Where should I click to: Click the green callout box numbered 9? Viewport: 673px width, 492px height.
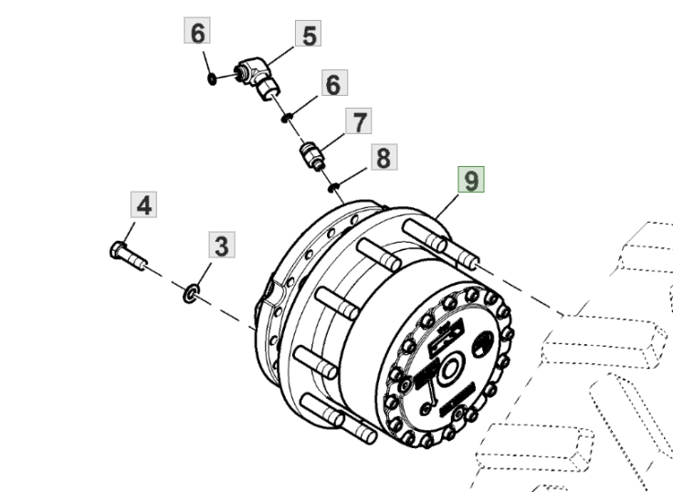coord(471,179)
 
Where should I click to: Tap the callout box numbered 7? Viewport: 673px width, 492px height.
coord(358,121)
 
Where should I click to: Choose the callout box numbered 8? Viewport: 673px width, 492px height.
coord(384,157)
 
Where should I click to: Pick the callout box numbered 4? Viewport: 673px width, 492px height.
coord(143,204)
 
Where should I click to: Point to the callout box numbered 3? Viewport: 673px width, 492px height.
coord(222,245)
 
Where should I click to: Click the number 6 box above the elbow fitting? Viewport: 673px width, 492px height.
coord(197,30)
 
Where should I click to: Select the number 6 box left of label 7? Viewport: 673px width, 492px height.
coord(334,83)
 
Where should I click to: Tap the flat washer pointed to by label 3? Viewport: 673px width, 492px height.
coord(191,293)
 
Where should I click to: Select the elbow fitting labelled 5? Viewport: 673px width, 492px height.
coord(258,78)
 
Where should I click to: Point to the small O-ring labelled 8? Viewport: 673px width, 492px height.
coord(334,187)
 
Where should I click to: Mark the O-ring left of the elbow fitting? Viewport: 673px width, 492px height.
coord(212,79)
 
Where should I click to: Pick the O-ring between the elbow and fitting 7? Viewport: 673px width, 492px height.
coord(287,117)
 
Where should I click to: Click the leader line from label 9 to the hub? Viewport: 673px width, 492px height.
coord(447,207)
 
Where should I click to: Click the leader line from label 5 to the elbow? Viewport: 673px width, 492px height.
coord(280,56)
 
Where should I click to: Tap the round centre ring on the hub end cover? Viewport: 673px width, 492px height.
coord(449,369)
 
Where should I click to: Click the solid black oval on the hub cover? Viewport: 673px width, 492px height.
coord(483,344)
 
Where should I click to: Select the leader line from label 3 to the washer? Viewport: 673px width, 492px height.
coord(205,276)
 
